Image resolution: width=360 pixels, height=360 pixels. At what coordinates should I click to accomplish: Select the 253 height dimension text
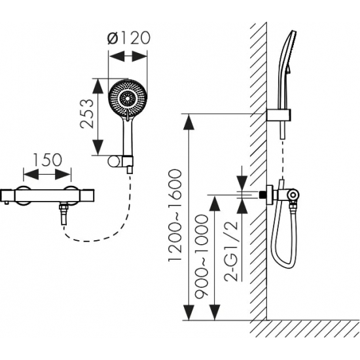(87, 114)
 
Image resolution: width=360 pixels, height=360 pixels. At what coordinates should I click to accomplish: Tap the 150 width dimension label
(48, 160)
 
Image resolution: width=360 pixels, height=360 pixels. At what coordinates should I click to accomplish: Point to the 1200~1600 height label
(175, 215)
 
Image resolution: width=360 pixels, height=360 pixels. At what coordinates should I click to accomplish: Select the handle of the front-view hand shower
(128, 137)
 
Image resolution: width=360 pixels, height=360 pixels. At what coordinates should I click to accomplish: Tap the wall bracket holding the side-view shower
(279, 115)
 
